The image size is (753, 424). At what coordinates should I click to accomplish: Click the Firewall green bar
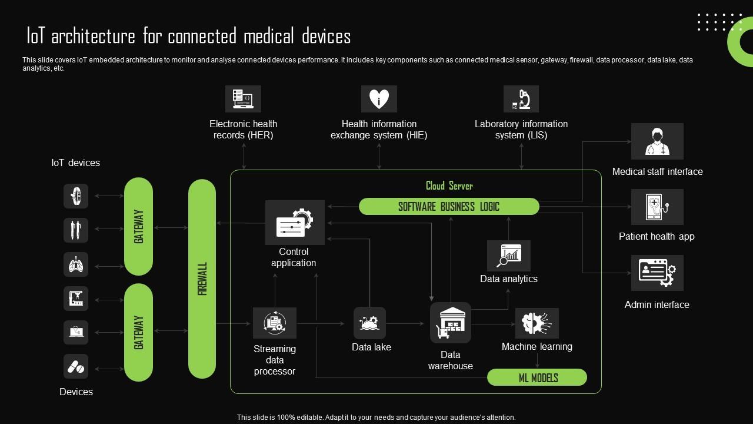tap(202, 279)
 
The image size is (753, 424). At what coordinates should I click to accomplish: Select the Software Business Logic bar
tap(449, 207)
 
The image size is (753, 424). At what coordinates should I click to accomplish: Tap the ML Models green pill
tap(537, 377)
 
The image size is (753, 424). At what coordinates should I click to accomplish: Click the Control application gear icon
tap(295, 223)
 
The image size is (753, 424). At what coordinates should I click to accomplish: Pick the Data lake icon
tap(369, 323)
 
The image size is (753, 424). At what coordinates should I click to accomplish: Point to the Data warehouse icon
tap(451, 323)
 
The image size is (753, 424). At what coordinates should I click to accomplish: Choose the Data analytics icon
tap(509, 256)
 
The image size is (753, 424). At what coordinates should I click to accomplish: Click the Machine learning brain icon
tap(537, 323)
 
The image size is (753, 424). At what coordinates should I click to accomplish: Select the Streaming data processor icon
tap(274, 323)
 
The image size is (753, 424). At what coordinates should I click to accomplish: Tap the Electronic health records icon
tap(243, 99)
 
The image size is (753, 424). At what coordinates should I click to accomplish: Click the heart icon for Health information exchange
tap(379, 99)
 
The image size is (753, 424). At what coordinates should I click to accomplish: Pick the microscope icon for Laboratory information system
tap(521, 99)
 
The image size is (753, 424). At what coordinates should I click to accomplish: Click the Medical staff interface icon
tap(657, 141)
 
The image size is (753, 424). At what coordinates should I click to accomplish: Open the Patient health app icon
tap(657, 207)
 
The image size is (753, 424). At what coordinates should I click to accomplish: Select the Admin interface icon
tap(657, 273)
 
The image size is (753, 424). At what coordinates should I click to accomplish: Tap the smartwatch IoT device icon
tap(76, 196)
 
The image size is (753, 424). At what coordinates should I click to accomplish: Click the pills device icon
tap(76, 366)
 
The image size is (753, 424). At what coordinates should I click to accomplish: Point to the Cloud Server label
tap(449, 186)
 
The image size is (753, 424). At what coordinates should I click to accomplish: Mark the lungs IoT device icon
tap(76, 265)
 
